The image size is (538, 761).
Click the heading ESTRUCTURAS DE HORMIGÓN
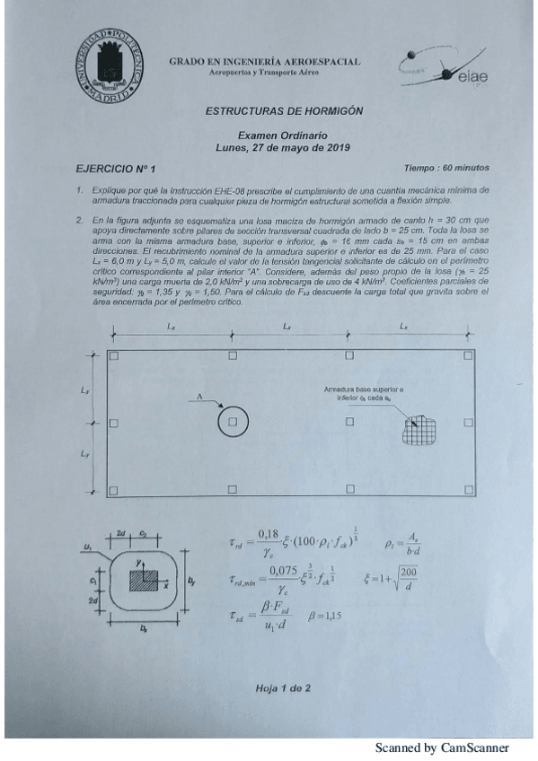click(284, 111)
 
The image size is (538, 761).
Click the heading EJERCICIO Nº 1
click(116, 168)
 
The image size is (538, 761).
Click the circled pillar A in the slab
click(233, 422)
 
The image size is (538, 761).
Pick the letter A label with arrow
click(199, 396)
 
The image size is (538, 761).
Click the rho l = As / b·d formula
click(402, 543)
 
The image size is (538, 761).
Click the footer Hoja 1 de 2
click(282, 688)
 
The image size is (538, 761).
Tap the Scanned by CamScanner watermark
click(442, 748)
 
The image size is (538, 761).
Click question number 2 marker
click(80, 219)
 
